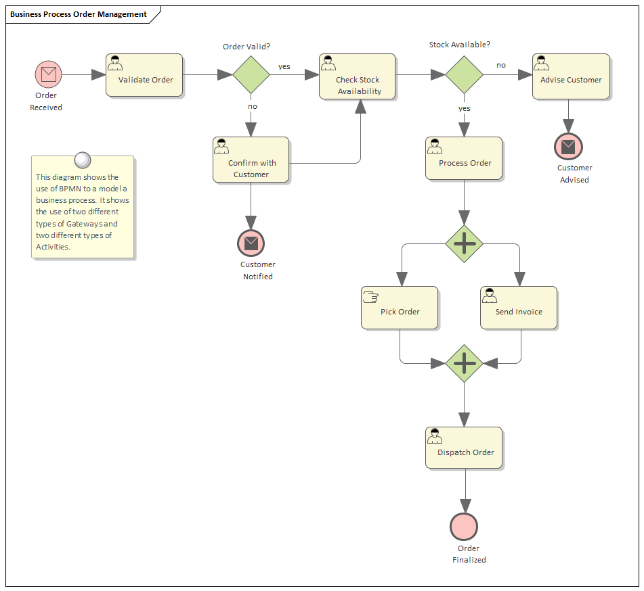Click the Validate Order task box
point(144,76)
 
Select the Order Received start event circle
point(49,74)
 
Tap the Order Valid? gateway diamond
point(251,74)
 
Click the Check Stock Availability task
point(358,77)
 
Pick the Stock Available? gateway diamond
point(464,74)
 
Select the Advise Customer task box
point(571,77)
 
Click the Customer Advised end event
point(568,146)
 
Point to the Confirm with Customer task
point(251,160)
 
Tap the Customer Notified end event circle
point(251,243)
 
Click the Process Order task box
point(464,159)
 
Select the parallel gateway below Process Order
point(464,243)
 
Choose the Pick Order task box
point(400,308)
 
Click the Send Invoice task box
point(519,308)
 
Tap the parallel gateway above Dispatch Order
point(464,363)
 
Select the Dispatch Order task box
point(464,448)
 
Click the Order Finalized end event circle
point(464,527)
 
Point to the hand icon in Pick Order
point(370,295)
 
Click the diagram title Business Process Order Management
point(79,14)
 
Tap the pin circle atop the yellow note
point(82,160)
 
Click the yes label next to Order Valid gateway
point(284,66)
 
